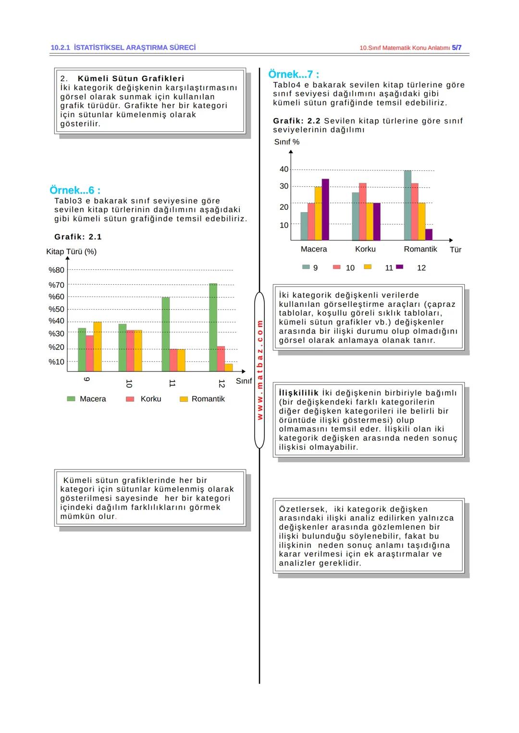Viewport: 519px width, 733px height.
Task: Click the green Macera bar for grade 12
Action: pyautogui.click(x=213, y=327)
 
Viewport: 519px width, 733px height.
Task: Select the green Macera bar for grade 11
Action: pyautogui.click(x=165, y=334)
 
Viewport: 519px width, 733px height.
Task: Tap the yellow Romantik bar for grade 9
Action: pyautogui.click(x=97, y=347)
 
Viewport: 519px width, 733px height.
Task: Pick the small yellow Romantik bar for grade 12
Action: pyautogui.click(x=228, y=368)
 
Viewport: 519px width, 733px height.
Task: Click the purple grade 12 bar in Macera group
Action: pyautogui.click(x=325, y=209)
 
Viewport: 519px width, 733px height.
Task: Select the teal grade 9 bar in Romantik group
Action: pyautogui.click(x=408, y=205)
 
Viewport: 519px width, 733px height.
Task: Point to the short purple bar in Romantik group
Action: pyautogui.click(x=429, y=235)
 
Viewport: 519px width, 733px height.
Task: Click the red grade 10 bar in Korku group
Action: pyautogui.click(x=363, y=212)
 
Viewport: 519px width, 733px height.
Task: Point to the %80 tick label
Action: pyautogui.click(x=56, y=270)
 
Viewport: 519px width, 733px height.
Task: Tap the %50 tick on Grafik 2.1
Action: pyautogui.click(x=56, y=309)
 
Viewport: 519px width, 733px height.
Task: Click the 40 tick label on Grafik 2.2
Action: pyautogui.click(x=284, y=169)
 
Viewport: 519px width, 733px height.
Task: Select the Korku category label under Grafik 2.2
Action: pyautogui.click(x=365, y=249)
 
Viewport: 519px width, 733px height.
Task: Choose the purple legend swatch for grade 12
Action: pyautogui.click(x=399, y=267)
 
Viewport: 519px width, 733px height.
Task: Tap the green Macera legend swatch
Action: pyautogui.click(x=71, y=398)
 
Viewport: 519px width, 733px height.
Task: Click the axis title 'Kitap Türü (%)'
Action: pyautogui.click(x=72, y=252)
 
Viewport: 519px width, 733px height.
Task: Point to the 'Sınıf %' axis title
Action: pyautogui.click(x=287, y=142)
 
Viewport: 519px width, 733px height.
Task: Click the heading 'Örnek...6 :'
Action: pyautogui.click(x=75, y=190)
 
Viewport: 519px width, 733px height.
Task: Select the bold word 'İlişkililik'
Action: pyautogui.click(x=299, y=393)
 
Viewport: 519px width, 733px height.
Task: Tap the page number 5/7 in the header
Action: pyautogui.click(x=457, y=48)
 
